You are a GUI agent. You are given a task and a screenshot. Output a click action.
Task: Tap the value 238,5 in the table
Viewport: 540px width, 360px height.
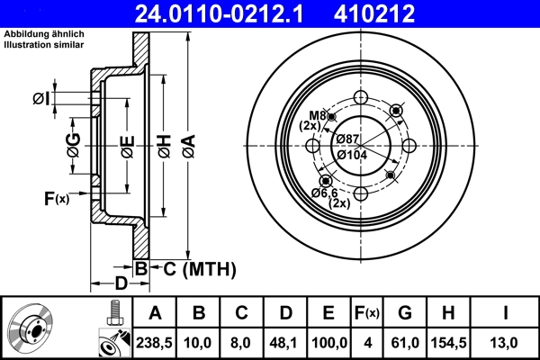click(x=155, y=342)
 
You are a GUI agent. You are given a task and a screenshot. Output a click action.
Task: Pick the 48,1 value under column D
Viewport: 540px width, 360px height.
click(x=286, y=342)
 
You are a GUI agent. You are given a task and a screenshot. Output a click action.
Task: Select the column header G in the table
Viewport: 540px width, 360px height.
click(x=404, y=313)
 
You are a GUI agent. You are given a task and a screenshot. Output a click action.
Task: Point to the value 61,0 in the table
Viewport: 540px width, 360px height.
click(x=404, y=342)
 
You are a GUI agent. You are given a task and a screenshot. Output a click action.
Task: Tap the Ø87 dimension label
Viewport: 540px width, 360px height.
click(x=348, y=138)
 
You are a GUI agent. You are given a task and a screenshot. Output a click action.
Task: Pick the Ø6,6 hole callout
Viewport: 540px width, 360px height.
click(x=324, y=193)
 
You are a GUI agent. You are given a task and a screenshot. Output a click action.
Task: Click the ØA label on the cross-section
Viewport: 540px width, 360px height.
click(x=187, y=144)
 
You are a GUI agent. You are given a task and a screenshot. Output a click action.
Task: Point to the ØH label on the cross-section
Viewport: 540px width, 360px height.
click(x=164, y=144)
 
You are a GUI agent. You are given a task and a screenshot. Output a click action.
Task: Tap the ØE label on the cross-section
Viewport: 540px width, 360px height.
click(x=127, y=144)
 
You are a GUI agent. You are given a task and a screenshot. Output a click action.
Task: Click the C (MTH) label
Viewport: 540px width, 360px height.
click(x=198, y=268)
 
